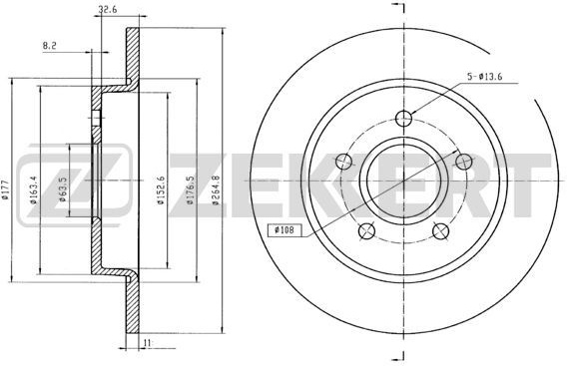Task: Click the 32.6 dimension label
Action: (x=108, y=10)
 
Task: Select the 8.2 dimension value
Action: (x=50, y=46)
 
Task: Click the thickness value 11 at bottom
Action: (x=147, y=342)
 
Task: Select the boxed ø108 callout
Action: (x=284, y=229)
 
